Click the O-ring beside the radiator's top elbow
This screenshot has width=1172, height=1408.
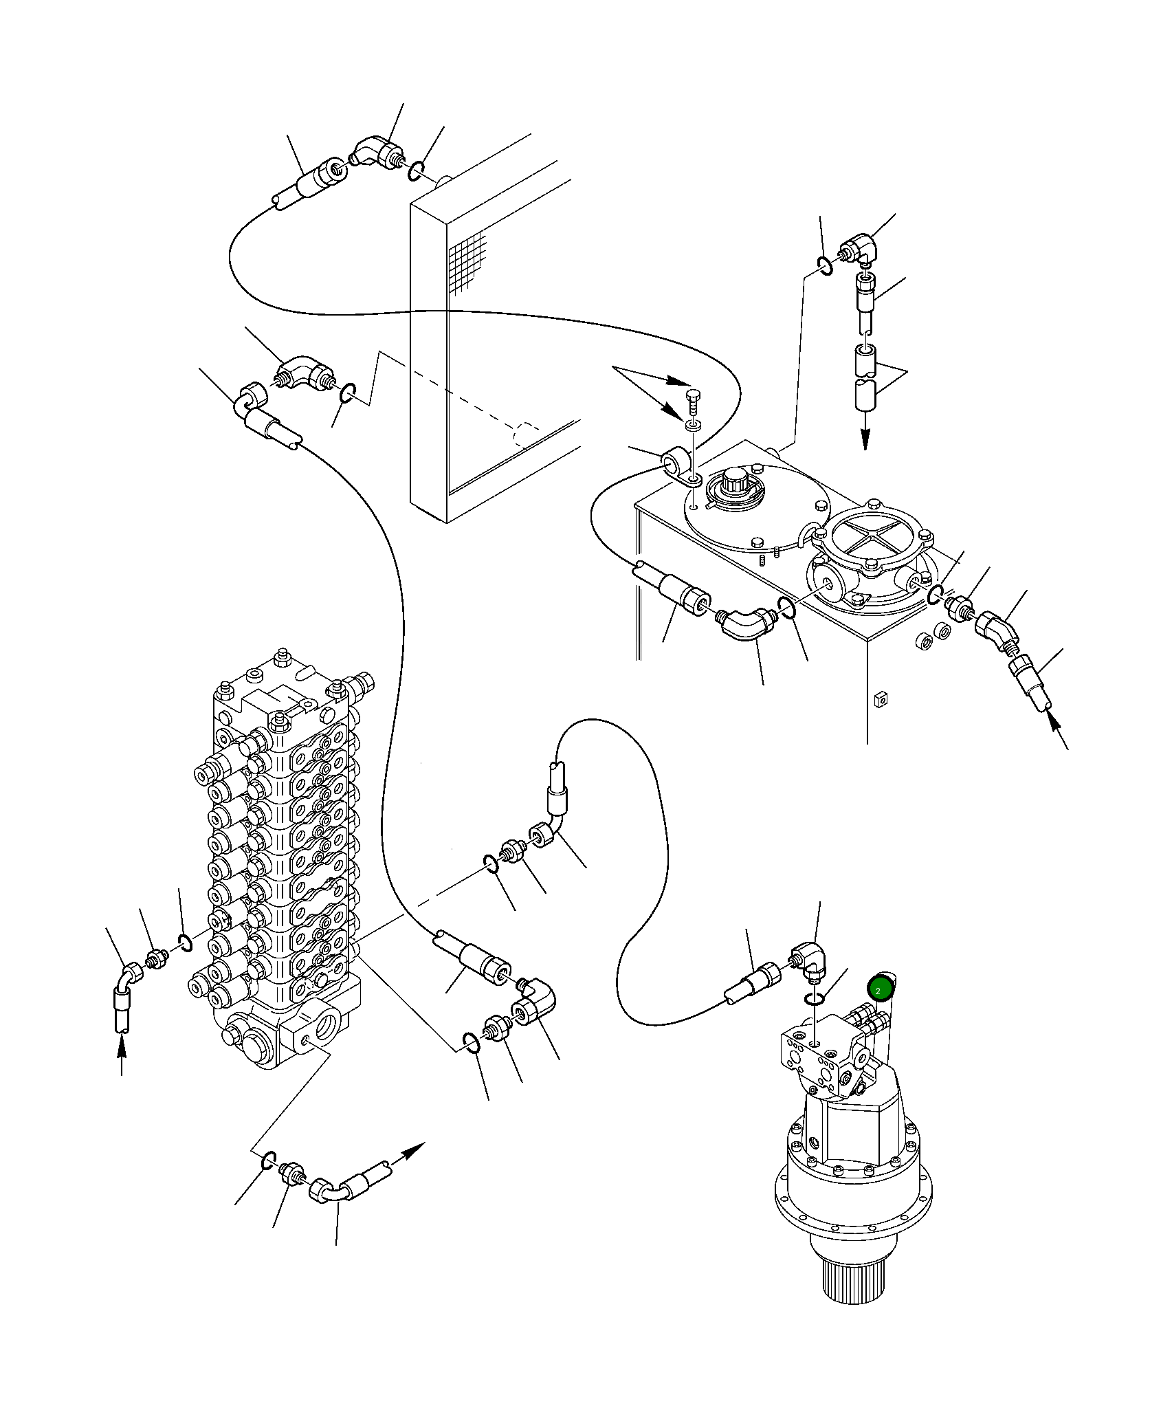[x=416, y=170]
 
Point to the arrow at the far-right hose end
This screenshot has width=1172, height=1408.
[x=1059, y=733]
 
